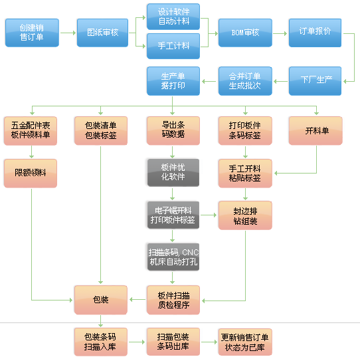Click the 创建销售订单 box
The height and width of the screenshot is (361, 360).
pos(32,33)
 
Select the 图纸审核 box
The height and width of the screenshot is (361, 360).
pos(103,33)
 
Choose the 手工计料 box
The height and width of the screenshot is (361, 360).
pos(173,47)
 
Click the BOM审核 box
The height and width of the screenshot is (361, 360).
pos(244,33)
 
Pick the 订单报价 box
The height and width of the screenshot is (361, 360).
pos(315,33)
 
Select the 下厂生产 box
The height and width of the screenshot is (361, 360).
pos(315,80)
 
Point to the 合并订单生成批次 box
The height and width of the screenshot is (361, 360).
pos(244,80)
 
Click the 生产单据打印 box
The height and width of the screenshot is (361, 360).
pos(173,80)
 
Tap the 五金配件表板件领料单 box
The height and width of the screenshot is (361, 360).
pos(31,130)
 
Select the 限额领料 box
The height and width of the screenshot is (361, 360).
pos(31,172)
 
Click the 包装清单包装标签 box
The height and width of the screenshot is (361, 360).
pos(101,130)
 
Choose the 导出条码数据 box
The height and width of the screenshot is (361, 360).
pos(173,130)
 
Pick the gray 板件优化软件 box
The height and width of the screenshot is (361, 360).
pos(173,172)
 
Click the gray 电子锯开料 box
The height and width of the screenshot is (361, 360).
pos(173,215)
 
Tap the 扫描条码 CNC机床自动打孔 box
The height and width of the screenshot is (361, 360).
pos(173,257)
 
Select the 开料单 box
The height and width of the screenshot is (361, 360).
pos(316,130)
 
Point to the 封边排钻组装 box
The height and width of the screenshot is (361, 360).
pos(244,215)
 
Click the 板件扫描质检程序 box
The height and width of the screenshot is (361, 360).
pos(173,299)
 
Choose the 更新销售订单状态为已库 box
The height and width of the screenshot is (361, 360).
pos(244,340)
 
